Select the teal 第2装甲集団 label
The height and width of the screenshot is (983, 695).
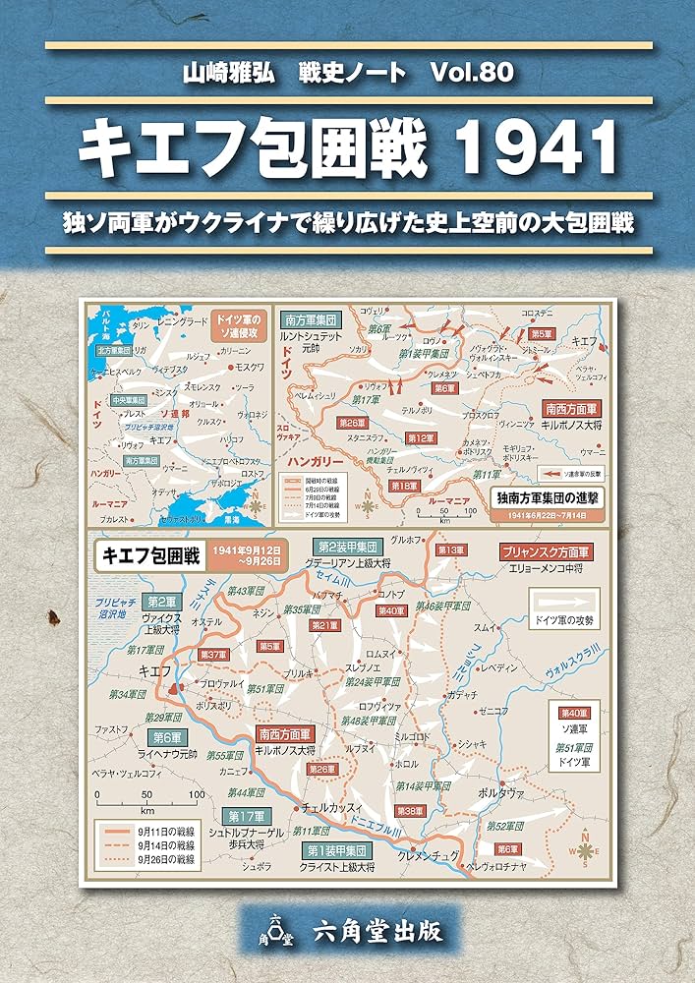pos(344,546)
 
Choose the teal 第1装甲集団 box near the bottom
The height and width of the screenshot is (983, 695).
pos(336,850)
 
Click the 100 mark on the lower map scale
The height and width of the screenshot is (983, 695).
pos(197,793)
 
